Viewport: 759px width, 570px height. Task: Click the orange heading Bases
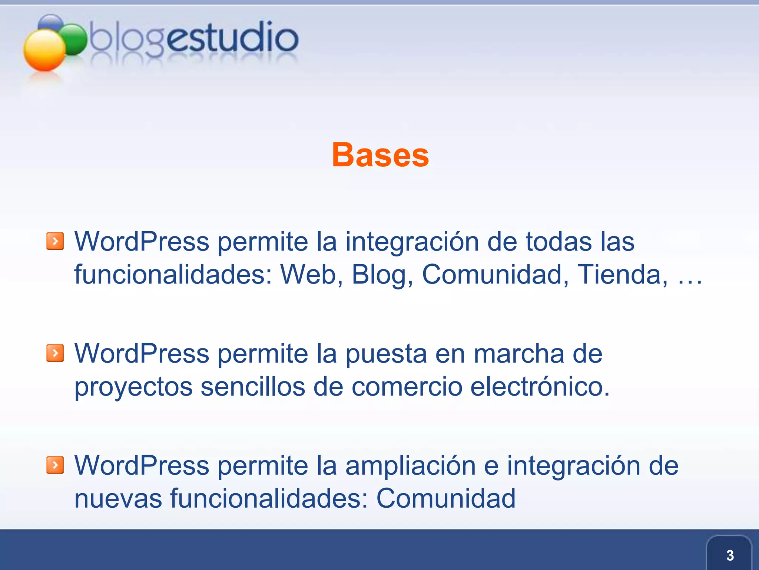pyautogui.click(x=380, y=155)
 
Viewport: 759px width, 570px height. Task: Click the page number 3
pyautogui.click(x=730, y=555)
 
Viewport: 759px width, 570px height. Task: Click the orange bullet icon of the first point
pyautogui.click(x=55, y=242)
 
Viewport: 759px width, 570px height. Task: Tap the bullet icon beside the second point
pyautogui.click(x=55, y=353)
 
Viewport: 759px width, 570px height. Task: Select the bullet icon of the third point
pyautogui.click(x=55, y=465)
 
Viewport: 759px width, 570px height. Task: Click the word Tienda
pyautogui.click(x=622, y=275)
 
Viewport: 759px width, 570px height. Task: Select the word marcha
pyautogui.click(x=519, y=353)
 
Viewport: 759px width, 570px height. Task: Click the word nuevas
pyautogui.click(x=118, y=498)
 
